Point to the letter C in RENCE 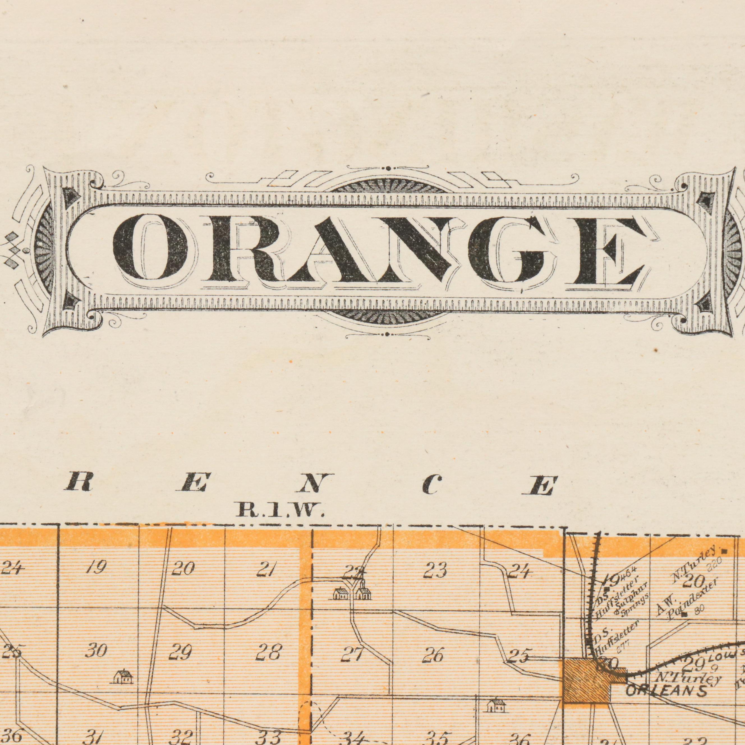[431, 485]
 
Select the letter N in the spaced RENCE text [314, 485]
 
